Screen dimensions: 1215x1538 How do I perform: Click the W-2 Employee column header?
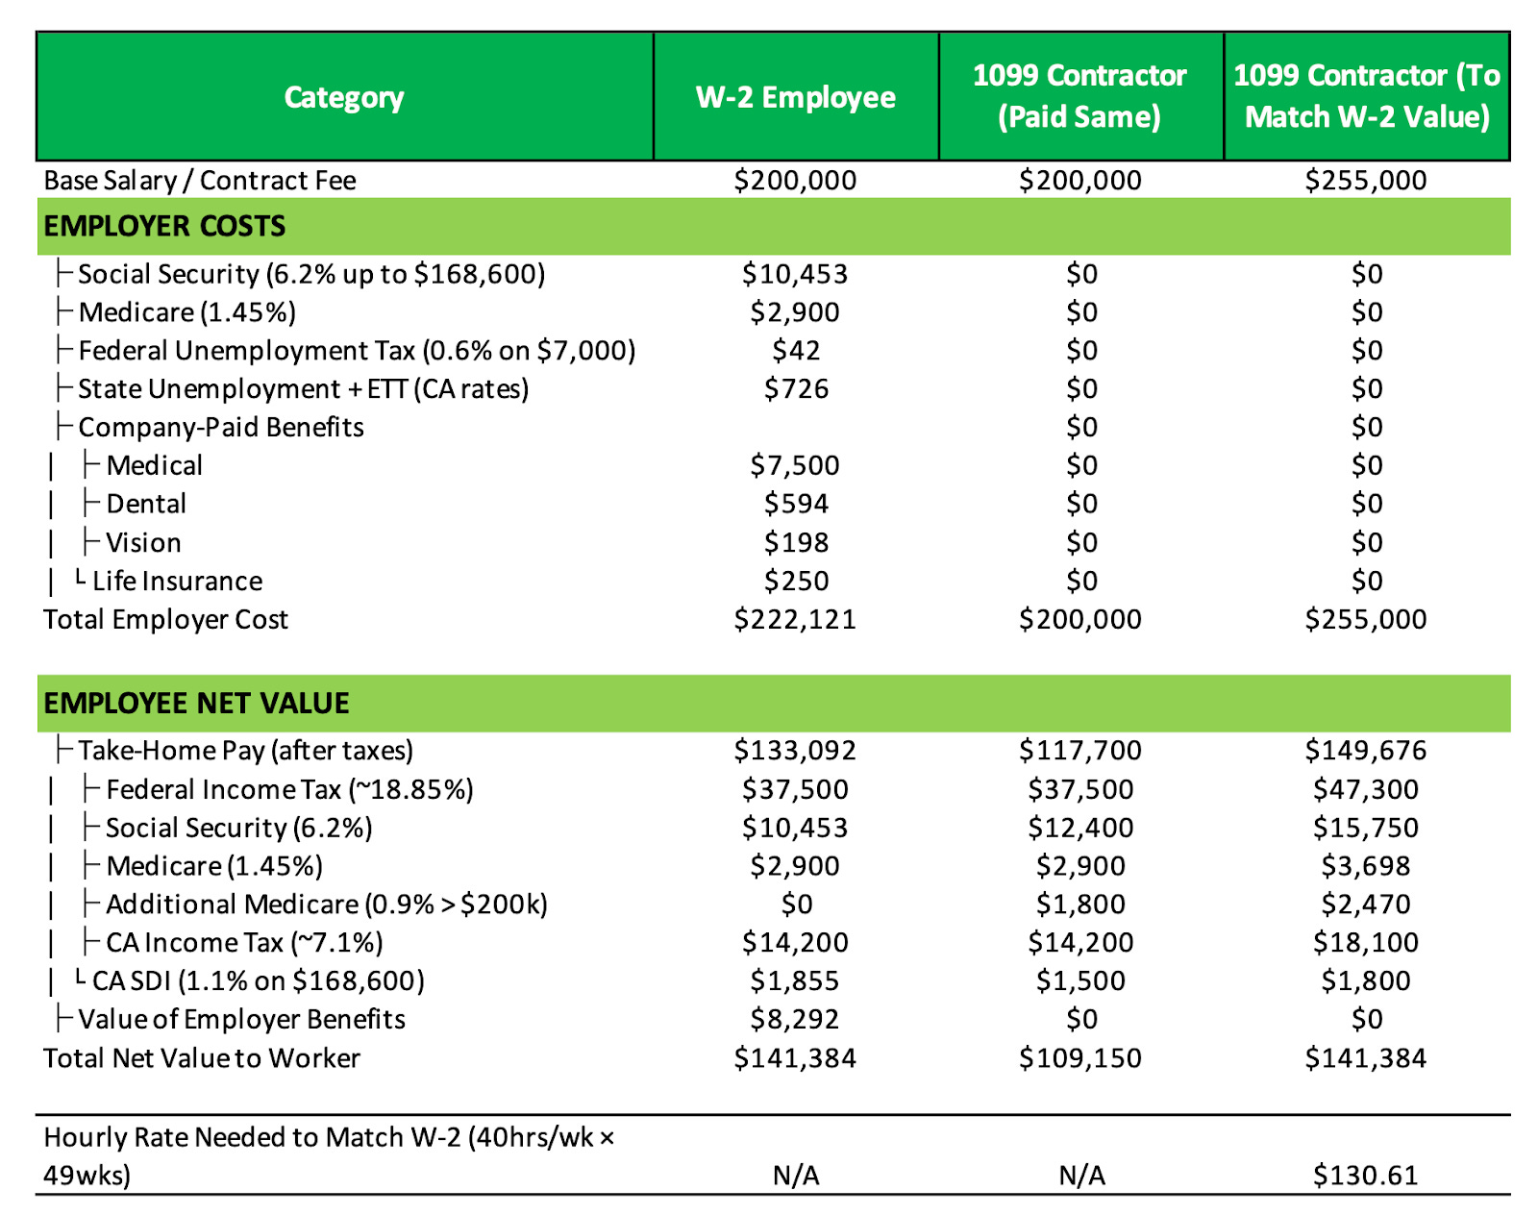[x=795, y=97]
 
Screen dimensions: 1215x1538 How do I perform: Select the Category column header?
[x=344, y=97]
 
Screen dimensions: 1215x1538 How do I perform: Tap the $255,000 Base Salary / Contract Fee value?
[x=1365, y=181]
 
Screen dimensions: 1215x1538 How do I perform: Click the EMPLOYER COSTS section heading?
[x=165, y=226]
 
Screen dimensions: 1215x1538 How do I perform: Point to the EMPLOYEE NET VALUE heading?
[x=196, y=703]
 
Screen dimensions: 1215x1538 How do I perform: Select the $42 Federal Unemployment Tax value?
[x=796, y=350]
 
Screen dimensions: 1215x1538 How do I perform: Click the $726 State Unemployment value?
[x=796, y=388]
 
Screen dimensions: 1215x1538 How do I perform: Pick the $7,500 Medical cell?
[x=795, y=465]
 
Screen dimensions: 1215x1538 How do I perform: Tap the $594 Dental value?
[x=796, y=504]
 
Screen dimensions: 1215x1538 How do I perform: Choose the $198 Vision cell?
[x=796, y=542]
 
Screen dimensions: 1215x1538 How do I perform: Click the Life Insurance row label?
[x=178, y=581]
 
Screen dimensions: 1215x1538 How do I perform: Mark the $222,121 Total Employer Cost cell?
[x=795, y=619]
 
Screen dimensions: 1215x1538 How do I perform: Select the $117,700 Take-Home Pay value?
[x=1080, y=750]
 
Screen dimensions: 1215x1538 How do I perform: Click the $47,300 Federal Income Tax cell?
[x=1365, y=789]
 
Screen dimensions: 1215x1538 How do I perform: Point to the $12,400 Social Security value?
[x=1080, y=828]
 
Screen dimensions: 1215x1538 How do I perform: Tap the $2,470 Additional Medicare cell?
[x=1365, y=905]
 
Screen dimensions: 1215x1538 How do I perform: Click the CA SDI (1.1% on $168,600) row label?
[x=259, y=980]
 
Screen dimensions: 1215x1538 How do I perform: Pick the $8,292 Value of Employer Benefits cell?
[x=795, y=1019]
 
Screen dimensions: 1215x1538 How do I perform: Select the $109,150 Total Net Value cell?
[x=1080, y=1057]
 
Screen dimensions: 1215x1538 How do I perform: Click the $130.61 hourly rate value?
[x=1365, y=1175]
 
